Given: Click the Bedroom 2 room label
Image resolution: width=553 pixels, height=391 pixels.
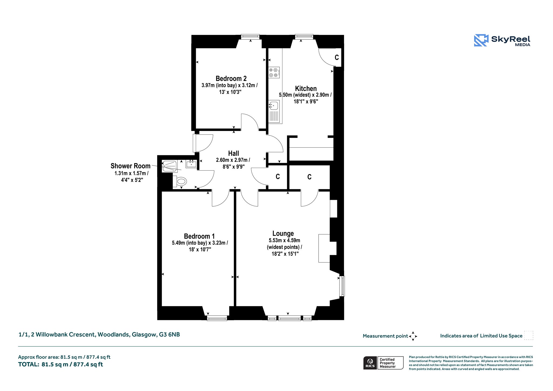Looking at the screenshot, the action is [x=231, y=79].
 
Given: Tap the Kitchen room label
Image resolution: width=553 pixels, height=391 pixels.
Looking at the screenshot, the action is [x=306, y=89].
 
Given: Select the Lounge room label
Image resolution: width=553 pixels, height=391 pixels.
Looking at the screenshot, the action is [x=283, y=233].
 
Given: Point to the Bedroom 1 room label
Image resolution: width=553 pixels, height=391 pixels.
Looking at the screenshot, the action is [x=199, y=236].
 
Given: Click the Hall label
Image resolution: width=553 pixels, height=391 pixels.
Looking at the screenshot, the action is [x=234, y=153].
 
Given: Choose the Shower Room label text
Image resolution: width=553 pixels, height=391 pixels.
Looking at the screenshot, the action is [x=130, y=166].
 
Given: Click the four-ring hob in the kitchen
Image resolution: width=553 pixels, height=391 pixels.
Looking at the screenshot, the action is [x=274, y=72].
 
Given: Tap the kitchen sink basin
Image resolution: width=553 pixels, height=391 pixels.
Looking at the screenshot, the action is [x=274, y=105].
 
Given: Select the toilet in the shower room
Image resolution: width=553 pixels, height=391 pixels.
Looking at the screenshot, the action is [x=180, y=181].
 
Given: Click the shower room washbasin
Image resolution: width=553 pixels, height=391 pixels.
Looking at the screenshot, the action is [x=191, y=164].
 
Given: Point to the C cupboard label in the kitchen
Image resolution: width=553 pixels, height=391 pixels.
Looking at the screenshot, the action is [x=337, y=58].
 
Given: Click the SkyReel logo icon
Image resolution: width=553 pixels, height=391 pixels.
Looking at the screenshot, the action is [x=481, y=40].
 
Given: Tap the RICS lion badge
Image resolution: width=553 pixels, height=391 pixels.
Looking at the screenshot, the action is [x=370, y=363].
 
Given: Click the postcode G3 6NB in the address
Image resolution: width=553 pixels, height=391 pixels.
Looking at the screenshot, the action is [x=169, y=335].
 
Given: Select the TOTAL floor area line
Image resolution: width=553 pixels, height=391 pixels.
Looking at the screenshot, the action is [x=60, y=365].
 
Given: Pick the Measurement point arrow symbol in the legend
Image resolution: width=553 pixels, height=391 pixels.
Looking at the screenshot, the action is [x=413, y=336].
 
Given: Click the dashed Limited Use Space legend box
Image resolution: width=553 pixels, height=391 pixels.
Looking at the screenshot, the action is [x=529, y=335].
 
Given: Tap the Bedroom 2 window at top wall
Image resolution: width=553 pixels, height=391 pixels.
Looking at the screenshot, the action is [x=250, y=37].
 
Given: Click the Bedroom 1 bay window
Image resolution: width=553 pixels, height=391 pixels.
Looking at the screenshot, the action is [x=217, y=319].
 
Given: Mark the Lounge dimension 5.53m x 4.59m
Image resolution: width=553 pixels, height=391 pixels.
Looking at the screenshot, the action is [x=284, y=240].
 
